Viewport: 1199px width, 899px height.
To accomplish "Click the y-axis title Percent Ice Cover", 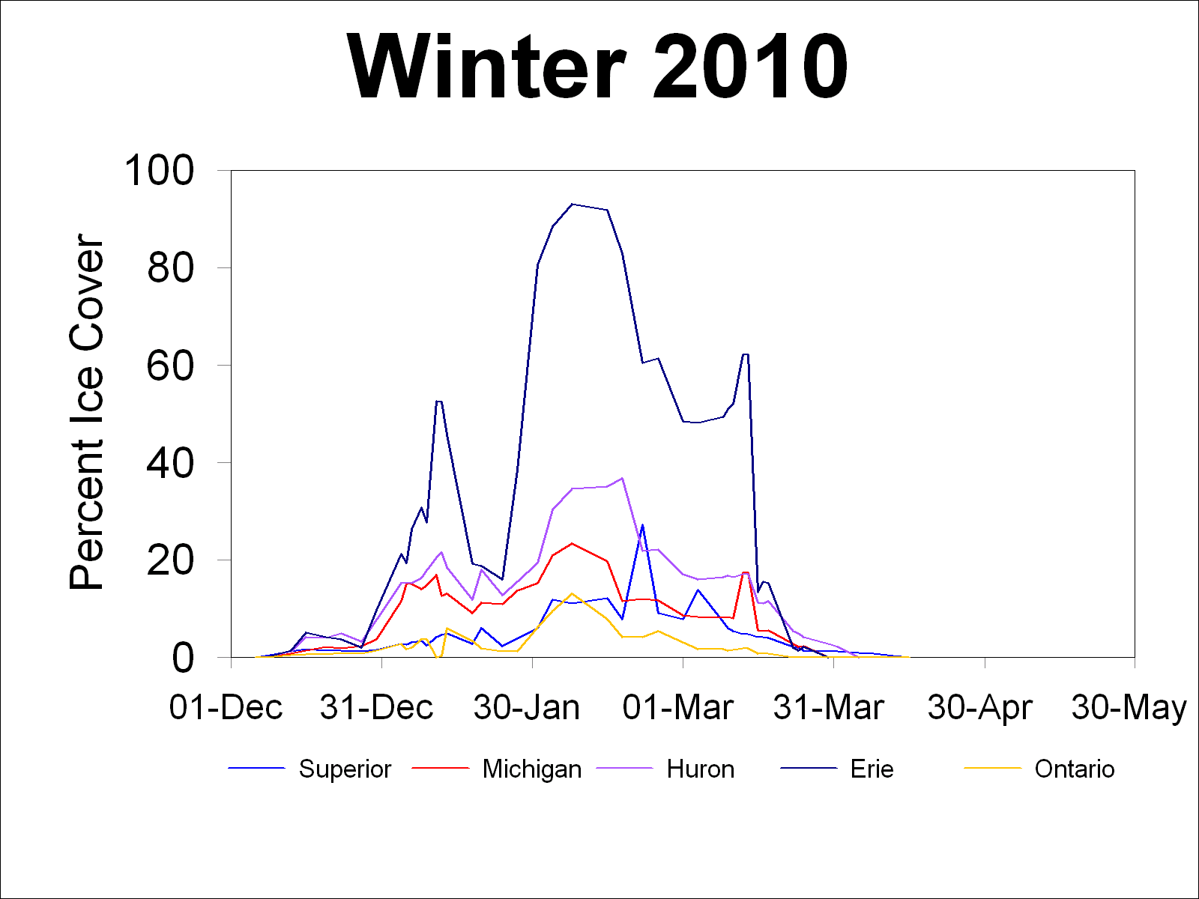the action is click(85, 412).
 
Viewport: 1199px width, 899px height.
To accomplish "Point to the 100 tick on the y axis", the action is click(159, 170).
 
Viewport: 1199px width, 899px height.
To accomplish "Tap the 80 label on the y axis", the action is click(170, 267).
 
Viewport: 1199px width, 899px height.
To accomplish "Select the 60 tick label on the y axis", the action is click(170, 365).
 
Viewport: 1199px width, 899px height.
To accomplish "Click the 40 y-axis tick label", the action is click(170, 463).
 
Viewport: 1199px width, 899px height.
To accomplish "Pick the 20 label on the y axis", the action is click(170, 560).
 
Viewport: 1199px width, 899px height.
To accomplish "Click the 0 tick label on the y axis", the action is click(183, 658).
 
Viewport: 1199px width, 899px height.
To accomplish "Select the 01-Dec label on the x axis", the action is click(226, 707).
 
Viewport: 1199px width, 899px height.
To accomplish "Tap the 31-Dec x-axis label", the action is click(376, 707).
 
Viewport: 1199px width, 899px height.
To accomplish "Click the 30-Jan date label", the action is click(527, 707).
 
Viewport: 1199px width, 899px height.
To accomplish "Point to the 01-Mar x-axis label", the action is click(677, 707).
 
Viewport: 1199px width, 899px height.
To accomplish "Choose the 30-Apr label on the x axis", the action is click(980, 707).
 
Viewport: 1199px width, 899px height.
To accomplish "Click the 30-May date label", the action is click(1129, 707).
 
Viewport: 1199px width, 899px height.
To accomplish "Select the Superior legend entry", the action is click(345, 769).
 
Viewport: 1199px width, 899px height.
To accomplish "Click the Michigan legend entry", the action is click(532, 769).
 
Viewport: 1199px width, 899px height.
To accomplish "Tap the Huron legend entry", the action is click(700, 769).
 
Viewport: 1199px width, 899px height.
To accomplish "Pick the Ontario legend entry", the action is click(1075, 769).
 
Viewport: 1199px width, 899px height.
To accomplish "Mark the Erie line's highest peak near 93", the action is click(572, 204).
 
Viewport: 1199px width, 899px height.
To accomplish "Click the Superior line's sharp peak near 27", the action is click(642, 525).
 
